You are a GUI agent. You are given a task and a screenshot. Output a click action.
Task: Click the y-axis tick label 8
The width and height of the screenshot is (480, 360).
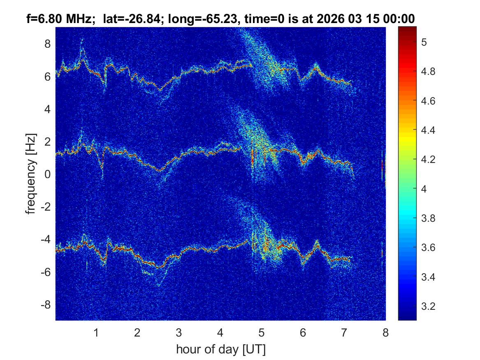(x=47, y=44)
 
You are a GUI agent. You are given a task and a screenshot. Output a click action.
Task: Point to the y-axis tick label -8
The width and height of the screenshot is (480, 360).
(x=45, y=305)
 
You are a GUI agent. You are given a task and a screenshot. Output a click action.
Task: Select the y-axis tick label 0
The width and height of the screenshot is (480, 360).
(x=47, y=174)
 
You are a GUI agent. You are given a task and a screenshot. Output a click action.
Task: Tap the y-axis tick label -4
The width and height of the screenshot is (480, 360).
(x=45, y=239)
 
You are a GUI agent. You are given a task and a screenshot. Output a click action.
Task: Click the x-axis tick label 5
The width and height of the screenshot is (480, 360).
(x=262, y=332)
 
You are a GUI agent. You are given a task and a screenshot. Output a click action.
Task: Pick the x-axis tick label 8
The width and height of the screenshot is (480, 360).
(x=385, y=332)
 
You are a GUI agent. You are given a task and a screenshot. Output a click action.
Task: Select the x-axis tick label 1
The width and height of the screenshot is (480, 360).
(x=96, y=332)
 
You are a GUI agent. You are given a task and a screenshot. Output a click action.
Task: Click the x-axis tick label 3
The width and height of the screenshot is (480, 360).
(x=179, y=332)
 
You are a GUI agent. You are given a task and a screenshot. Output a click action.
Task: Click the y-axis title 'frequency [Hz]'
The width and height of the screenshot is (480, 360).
(x=31, y=174)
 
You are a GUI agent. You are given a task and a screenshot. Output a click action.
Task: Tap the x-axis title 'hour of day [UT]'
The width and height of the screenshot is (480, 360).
(x=220, y=350)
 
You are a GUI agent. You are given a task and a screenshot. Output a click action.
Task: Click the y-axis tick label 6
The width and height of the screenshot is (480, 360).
(x=47, y=77)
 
